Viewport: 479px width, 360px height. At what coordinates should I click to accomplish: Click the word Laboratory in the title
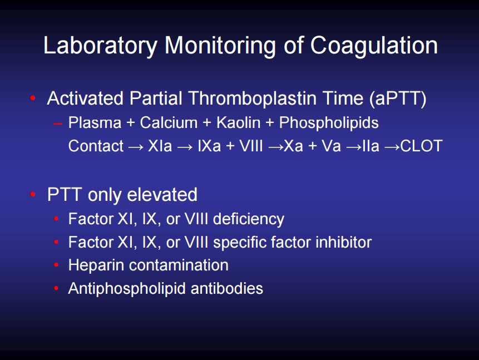click(100, 46)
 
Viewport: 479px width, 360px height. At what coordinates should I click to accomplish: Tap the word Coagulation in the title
click(374, 46)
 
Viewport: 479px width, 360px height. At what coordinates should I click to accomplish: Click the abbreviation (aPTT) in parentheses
click(398, 98)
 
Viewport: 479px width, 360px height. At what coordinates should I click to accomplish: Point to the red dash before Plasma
click(57, 124)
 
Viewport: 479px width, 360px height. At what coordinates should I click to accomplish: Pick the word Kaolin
click(238, 123)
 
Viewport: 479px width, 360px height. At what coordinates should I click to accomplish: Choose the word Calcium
click(169, 123)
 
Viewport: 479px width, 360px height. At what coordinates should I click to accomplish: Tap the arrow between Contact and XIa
click(136, 147)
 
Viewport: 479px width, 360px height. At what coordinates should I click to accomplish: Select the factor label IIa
click(371, 146)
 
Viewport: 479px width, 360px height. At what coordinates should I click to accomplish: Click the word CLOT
click(421, 146)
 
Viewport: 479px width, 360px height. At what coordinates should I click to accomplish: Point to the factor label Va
click(331, 146)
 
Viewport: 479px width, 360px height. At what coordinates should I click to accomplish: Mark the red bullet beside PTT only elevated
click(33, 194)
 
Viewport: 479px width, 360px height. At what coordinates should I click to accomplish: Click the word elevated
click(162, 195)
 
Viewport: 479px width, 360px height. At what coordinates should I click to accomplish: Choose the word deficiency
click(248, 219)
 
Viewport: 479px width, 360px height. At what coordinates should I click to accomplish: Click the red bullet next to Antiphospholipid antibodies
click(56, 288)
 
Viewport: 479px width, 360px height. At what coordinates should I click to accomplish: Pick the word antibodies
click(226, 288)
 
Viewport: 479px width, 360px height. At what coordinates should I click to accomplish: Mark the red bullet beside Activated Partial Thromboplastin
click(33, 98)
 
